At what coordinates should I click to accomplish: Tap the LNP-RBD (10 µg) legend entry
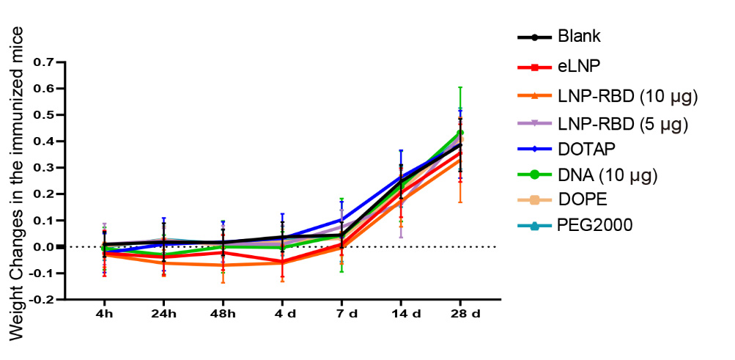[627, 96]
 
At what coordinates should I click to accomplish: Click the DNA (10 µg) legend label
[607, 175]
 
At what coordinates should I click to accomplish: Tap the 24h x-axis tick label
[163, 314]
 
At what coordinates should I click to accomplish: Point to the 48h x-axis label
[223, 314]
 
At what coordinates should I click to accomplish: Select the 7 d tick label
[341, 314]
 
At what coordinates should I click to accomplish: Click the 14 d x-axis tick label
[400, 314]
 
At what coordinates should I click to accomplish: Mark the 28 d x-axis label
[460, 314]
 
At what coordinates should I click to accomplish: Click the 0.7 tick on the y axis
[44, 62]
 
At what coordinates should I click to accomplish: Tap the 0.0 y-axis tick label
[44, 247]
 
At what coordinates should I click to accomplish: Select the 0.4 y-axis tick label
[44, 142]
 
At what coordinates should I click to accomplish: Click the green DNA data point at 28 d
[460, 133]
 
